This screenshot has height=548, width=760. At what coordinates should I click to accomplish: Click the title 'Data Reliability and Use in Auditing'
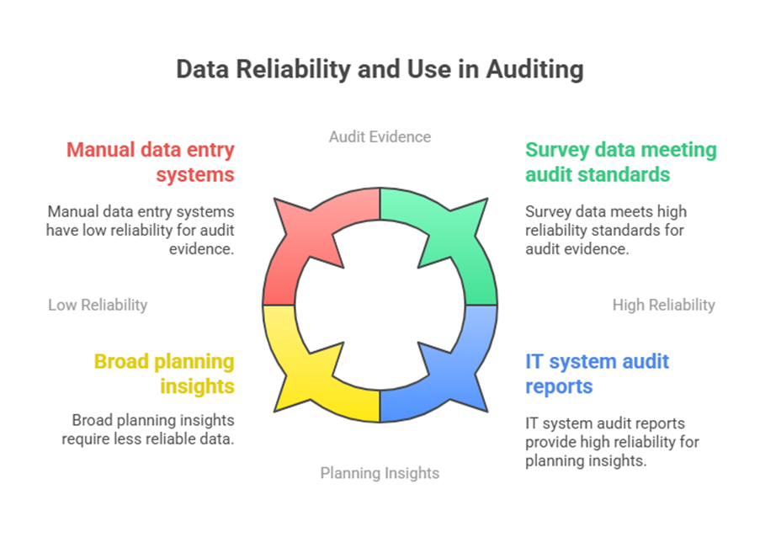tap(380, 69)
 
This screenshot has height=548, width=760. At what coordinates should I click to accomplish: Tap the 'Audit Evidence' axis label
tap(380, 136)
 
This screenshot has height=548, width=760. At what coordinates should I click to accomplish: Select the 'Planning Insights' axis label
tap(380, 473)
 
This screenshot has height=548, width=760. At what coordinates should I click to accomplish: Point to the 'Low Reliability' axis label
tap(98, 305)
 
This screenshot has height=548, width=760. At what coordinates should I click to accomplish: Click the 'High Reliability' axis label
tap(663, 305)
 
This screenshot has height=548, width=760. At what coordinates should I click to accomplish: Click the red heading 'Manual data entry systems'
tap(151, 162)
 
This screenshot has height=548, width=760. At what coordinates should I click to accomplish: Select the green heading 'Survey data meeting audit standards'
tap(620, 162)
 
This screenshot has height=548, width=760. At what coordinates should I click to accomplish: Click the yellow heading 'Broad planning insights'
tap(164, 374)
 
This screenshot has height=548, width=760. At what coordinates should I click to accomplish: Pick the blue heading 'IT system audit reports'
tap(597, 374)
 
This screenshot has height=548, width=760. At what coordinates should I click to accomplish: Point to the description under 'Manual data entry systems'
tap(141, 230)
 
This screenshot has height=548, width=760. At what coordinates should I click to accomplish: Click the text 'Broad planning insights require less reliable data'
tap(148, 429)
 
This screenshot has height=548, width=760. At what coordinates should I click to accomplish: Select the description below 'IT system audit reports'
tap(612, 442)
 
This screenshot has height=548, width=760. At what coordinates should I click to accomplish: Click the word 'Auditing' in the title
tap(534, 69)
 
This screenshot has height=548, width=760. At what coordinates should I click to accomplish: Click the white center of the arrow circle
tap(380, 305)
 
